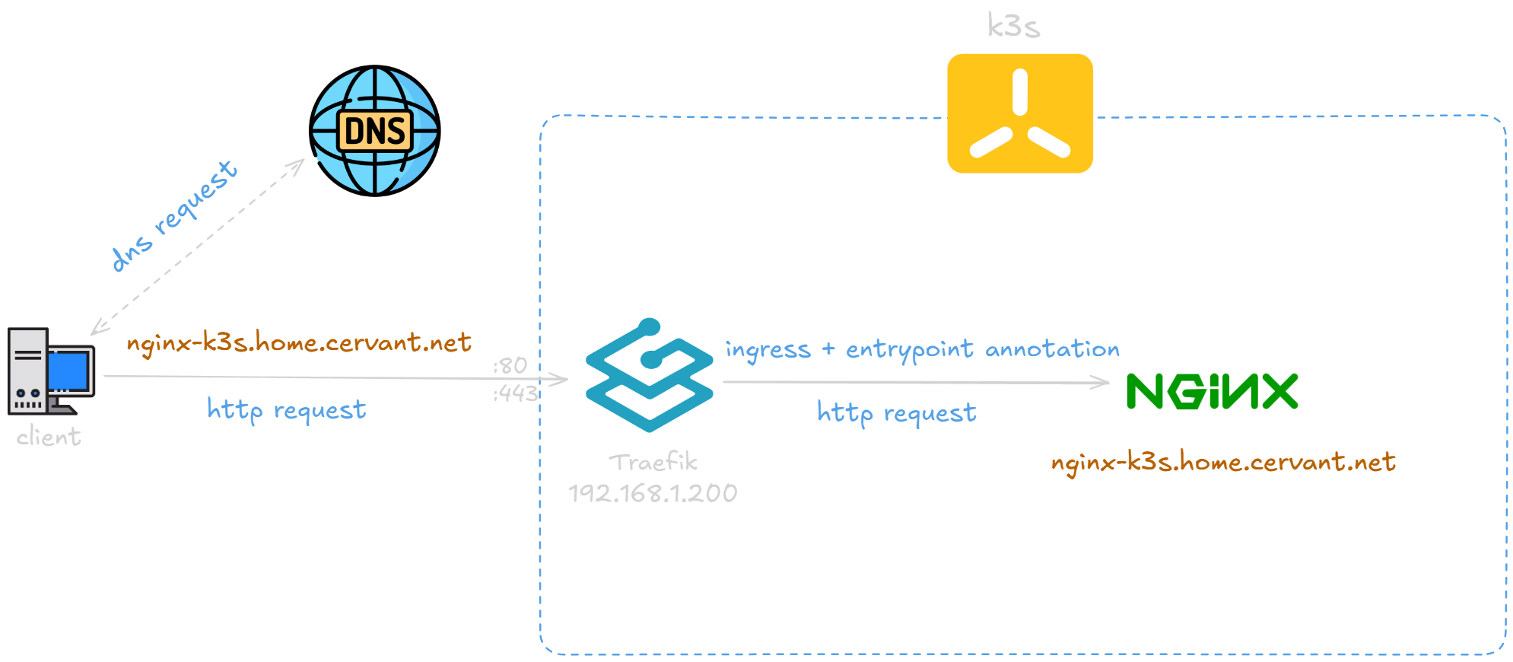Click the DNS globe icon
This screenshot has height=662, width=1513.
374,131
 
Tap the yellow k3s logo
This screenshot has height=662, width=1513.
1019,113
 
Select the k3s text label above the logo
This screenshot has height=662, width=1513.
1013,26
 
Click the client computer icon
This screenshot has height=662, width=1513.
50,371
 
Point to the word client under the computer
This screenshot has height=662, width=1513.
49,437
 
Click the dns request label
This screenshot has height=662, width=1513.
173,215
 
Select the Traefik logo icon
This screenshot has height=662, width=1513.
649,375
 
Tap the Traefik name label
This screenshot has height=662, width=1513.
653,463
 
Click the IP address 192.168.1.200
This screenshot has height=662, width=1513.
653,493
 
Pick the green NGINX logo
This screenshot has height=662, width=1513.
1212,391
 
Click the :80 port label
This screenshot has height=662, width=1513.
510,366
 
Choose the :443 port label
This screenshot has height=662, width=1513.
516,393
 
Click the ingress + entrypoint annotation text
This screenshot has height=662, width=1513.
922,349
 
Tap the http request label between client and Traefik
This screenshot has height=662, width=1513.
287,410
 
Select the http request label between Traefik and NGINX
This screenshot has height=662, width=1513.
897,412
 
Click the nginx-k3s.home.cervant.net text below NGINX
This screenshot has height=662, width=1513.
1223,462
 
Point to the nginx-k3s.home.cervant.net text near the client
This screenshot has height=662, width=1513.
299,342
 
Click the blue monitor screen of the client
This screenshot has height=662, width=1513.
70,369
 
